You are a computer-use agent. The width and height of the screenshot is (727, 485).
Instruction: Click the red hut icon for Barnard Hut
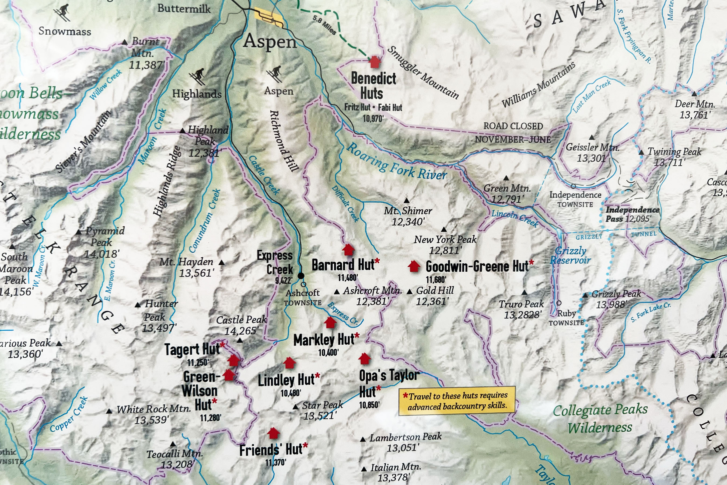coord(348,249)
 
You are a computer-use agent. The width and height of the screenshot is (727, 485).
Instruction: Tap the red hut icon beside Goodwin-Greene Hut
coord(414,266)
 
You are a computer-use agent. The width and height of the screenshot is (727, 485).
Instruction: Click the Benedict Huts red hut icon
coord(375,62)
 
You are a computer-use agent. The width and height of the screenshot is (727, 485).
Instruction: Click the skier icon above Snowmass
coord(62,12)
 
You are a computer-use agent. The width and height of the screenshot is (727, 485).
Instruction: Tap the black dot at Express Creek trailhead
coord(301,276)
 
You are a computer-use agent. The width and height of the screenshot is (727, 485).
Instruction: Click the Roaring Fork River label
coord(396,162)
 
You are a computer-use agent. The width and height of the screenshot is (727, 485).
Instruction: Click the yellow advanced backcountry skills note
coord(457,401)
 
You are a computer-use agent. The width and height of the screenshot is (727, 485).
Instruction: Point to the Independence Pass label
coord(632,214)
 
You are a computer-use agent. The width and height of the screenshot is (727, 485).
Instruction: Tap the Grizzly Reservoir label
coord(570,255)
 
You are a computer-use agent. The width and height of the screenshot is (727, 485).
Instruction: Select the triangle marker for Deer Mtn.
coord(694,94)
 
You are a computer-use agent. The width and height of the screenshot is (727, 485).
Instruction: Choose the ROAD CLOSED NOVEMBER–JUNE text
coord(513,133)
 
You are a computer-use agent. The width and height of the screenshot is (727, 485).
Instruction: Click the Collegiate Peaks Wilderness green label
coord(600,418)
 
